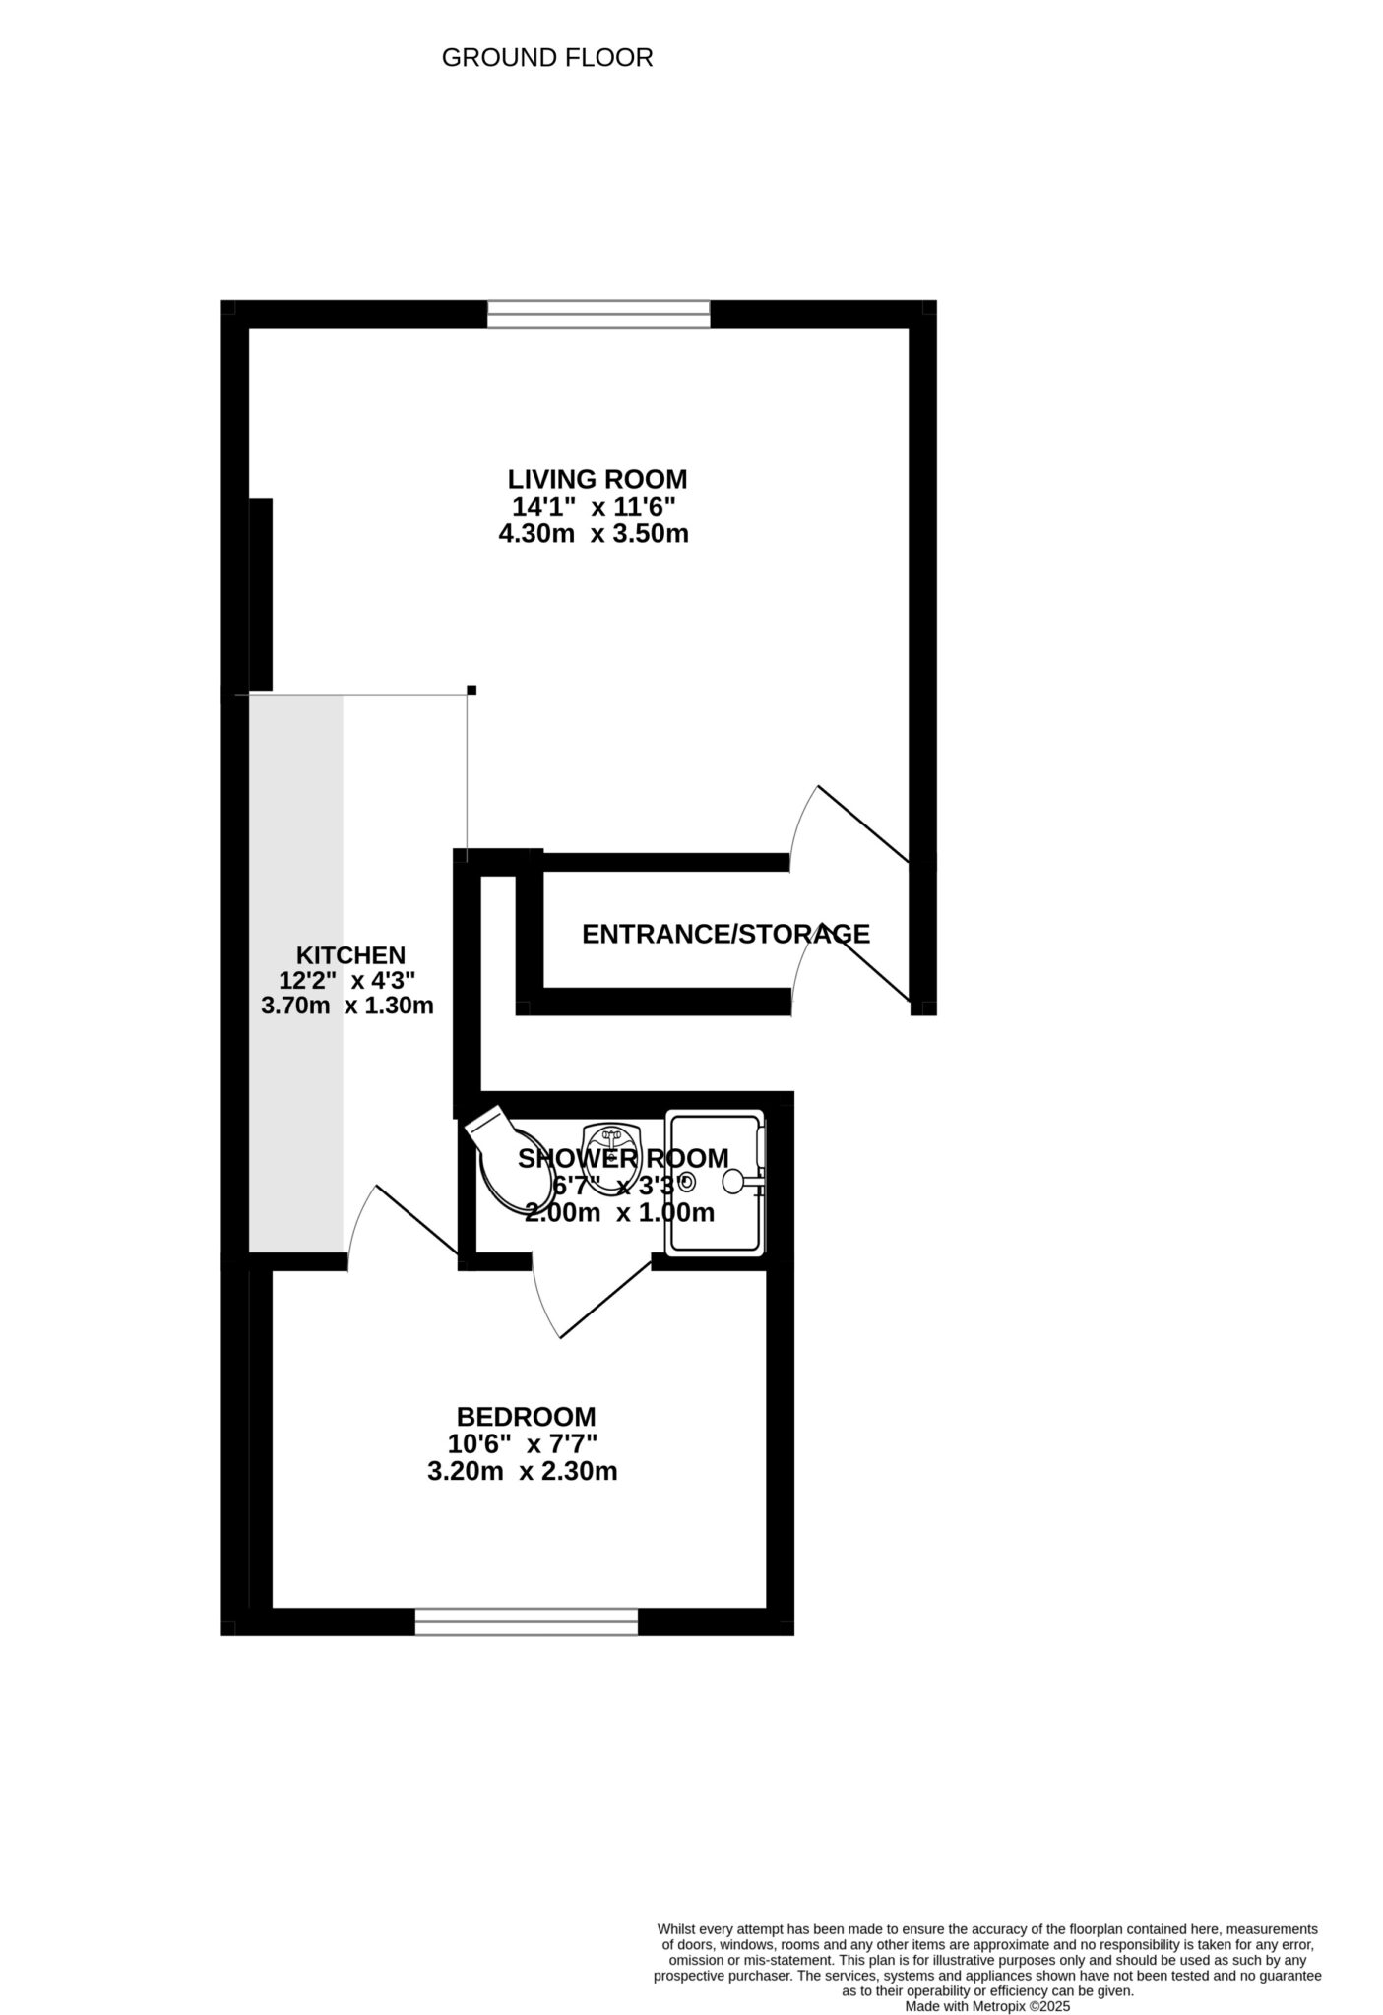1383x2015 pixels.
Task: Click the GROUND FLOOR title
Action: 546,58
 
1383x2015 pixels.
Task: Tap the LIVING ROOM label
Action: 597,479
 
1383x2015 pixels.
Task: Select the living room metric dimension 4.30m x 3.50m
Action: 593,534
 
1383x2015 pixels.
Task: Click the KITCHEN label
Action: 350,954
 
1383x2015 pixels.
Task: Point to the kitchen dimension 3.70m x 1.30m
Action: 346,1006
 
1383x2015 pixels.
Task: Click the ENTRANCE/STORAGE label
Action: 725,934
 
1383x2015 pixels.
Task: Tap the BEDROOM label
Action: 526,1417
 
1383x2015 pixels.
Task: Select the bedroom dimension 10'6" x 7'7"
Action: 523,1444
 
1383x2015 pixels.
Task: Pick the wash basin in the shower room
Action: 611,1147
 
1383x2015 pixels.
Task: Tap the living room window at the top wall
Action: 598,314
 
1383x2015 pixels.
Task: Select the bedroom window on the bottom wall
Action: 526,1621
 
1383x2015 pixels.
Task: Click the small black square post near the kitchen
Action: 471,689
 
